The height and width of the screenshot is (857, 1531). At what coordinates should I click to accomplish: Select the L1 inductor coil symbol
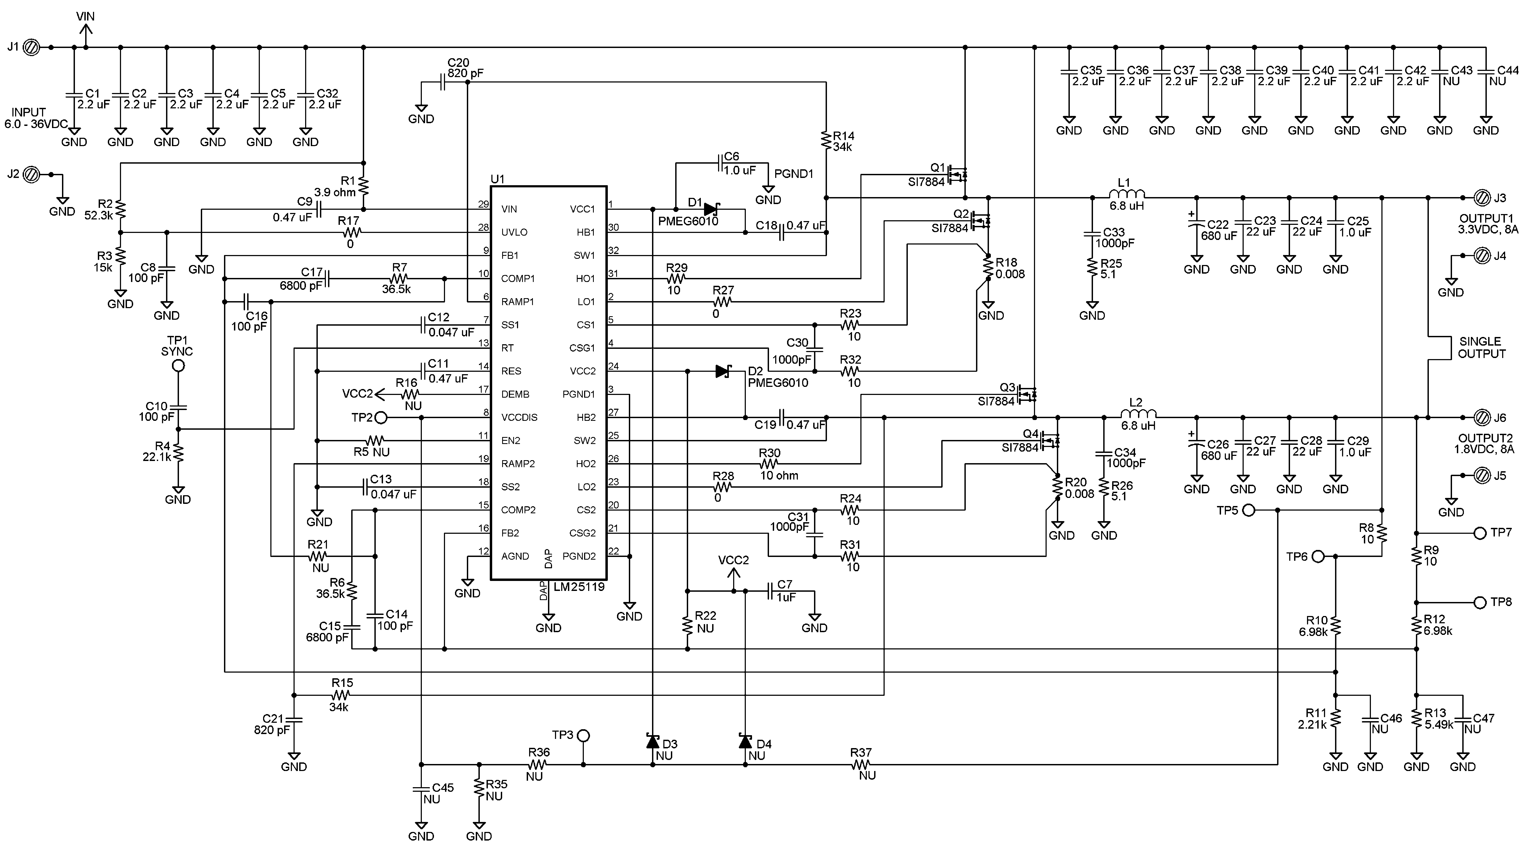1127,194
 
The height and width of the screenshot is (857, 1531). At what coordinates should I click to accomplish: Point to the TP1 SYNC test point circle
178,366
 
